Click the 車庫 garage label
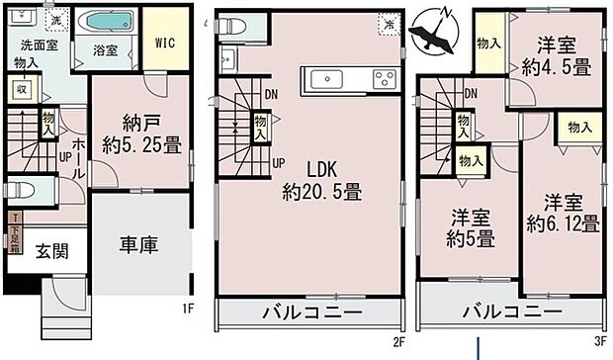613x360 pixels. coord(139,243)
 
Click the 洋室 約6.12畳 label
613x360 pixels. coord(563,212)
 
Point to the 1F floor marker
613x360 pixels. coord(189,310)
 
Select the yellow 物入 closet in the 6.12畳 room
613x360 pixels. coord(578,128)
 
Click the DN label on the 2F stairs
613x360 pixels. coord(270,95)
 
